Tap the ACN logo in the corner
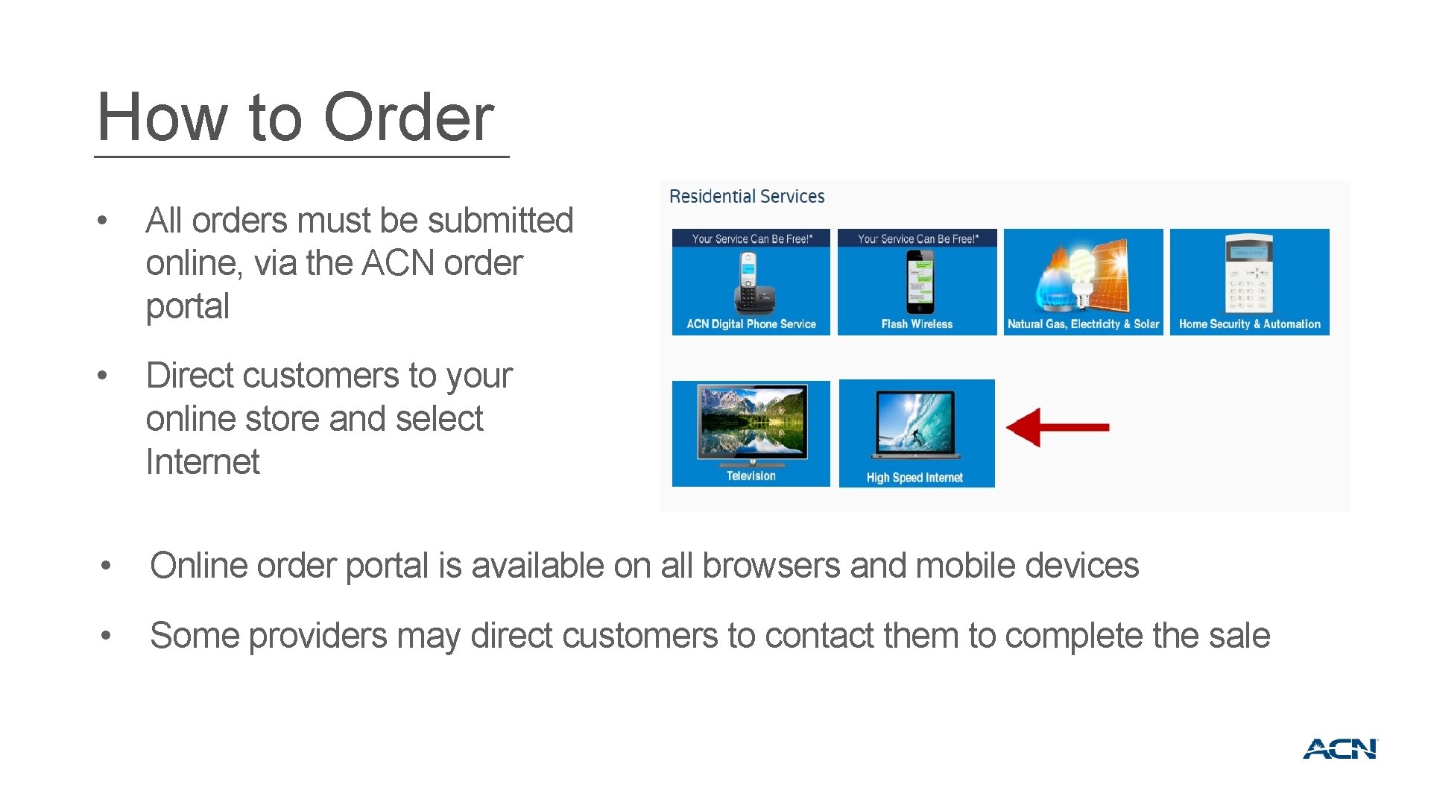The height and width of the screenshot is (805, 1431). tap(1340, 749)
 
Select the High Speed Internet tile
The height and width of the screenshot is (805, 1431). tap(917, 433)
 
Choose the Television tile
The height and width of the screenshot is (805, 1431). tap(751, 433)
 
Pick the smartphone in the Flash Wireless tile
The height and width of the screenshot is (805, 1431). tap(920, 282)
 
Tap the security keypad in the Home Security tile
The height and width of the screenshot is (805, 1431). tap(1249, 274)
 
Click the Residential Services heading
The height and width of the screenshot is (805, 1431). tap(747, 197)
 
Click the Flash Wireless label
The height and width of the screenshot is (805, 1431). tap(917, 324)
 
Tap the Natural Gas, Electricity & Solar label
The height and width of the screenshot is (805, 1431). tap(1083, 324)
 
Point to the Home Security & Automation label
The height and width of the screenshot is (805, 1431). tap(1249, 324)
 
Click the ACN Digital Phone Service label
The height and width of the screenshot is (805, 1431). tap(751, 324)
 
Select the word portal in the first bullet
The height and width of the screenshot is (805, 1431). tap(188, 306)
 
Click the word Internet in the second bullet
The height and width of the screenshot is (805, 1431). tap(203, 461)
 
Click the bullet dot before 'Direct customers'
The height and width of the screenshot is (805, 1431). tap(103, 375)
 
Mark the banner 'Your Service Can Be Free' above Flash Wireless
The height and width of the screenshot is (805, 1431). tap(917, 239)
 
